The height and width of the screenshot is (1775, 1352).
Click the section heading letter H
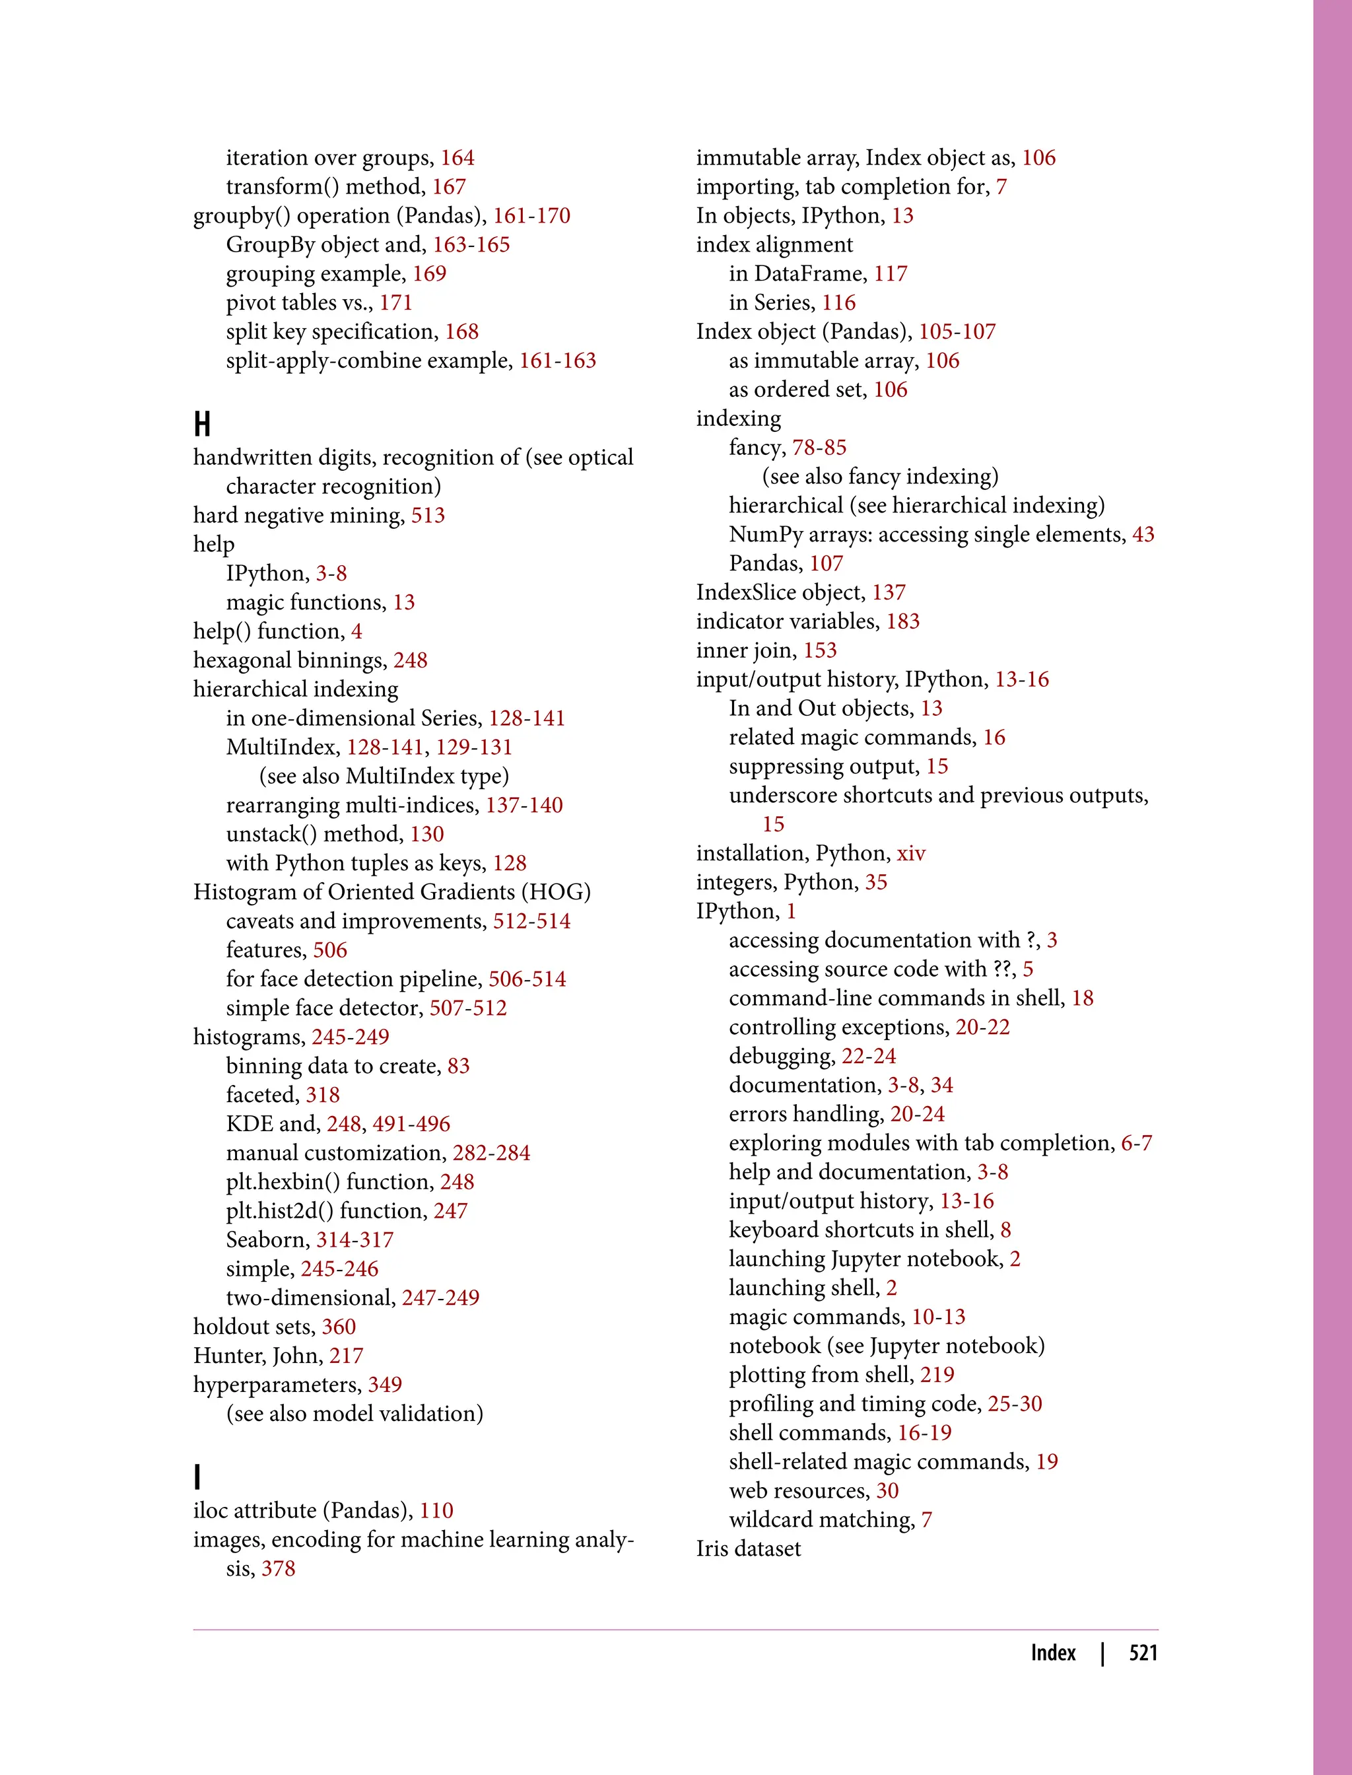click(202, 423)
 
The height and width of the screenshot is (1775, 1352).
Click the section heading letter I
click(197, 1477)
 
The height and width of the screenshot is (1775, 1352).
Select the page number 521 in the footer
click(1143, 1653)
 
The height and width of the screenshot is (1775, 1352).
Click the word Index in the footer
click(1053, 1653)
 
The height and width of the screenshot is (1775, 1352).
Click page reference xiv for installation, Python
click(911, 853)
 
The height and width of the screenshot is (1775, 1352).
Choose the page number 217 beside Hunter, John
click(346, 1356)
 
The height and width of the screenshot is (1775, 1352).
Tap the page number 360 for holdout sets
click(339, 1327)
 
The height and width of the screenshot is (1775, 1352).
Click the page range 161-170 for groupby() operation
click(531, 216)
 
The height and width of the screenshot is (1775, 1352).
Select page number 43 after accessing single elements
click(1143, 534)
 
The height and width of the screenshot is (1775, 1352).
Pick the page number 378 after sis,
click(279, 1568)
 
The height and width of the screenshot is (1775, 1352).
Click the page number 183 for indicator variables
click(903, 621)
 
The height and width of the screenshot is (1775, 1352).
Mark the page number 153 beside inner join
click(820, 650)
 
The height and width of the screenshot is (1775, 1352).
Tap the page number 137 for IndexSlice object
click(889, 592)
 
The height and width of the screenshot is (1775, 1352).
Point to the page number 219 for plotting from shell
click(937, 1375)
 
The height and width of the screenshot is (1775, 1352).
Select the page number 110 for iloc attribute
click(436, 1510)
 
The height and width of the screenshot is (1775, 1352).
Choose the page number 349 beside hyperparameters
click(385, 1385)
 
